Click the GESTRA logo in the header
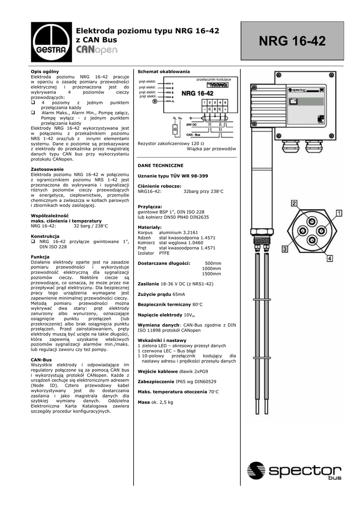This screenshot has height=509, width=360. point(49,43)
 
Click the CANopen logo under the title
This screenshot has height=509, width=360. point(97,51)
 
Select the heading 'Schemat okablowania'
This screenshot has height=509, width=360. point(164,72)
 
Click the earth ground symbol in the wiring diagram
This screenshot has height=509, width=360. point(155,101)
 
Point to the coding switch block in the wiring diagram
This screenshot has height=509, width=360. point(213,85)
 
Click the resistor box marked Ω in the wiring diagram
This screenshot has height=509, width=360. point(175,129)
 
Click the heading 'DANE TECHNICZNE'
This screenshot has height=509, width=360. point(161,165)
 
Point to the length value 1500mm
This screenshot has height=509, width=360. point(211,273)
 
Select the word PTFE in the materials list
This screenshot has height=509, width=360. point(164,253)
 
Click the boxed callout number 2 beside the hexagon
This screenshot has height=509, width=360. point(294,203)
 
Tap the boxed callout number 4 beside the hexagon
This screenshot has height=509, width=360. point(330,258)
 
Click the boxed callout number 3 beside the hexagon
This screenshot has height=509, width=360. point(286,249)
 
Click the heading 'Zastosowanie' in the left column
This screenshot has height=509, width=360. point(47,170)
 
